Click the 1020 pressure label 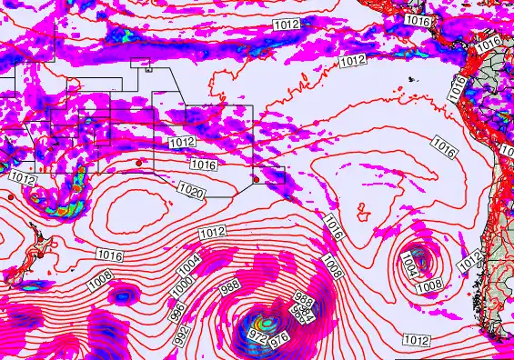click(192, 192)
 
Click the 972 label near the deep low click(258, 338)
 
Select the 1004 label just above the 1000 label click(188, 265)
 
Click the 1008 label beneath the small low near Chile click(428, 286)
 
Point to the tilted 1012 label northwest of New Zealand click(26, 180)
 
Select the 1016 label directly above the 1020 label click(203, 165)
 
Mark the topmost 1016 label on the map click(418, 20)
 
